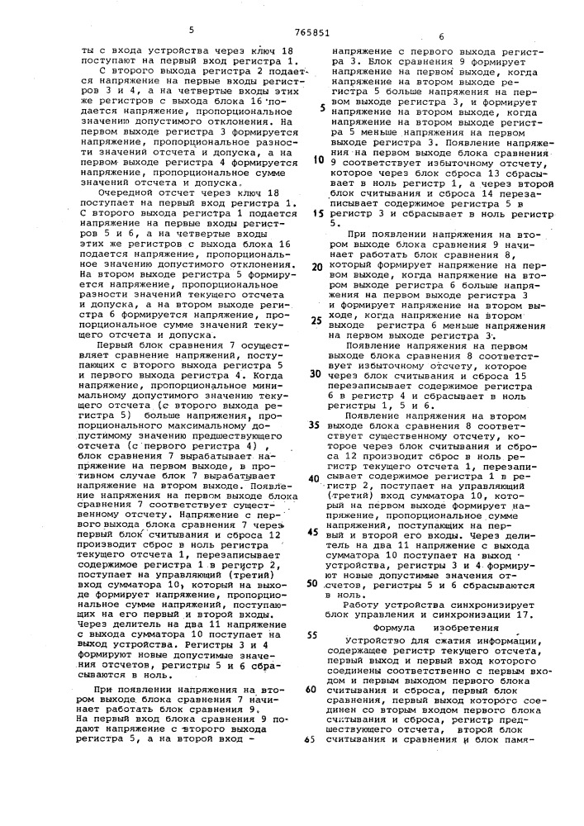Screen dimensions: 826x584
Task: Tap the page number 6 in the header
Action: pos(441,36)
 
